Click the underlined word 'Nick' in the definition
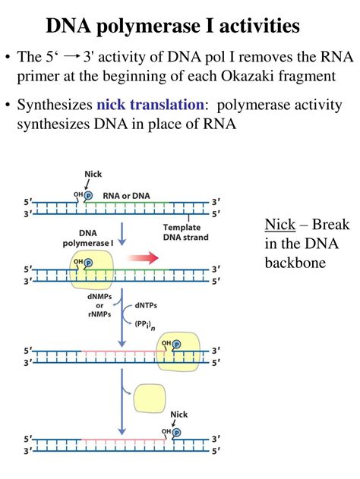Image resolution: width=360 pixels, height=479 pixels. (279, 225)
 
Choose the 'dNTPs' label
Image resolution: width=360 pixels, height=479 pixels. (149, 305)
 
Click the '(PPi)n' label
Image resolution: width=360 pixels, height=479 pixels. (149, 326)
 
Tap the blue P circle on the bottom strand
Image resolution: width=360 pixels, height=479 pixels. (177, 433)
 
